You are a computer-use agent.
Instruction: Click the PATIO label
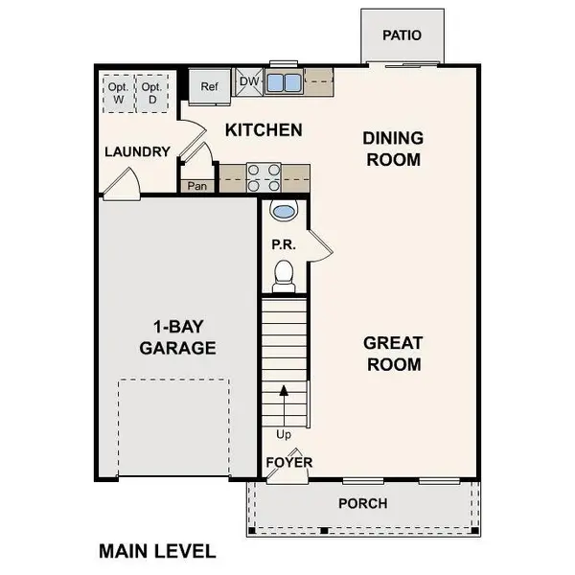click(x=402, y=35)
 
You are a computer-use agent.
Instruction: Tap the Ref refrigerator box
click(x=209, y=84)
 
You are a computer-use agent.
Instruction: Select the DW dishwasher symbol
click(x=248, y=82)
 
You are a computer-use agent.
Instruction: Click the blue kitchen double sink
click(x=283, y=81)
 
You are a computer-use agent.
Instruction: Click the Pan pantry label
click(x=198, y=186)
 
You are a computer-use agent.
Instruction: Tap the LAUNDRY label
click(x=137, y=151)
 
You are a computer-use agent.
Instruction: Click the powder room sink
click(x=285, y=211)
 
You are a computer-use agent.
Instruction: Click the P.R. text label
click(x=283, y=244)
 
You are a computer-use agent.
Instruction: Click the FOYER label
click(x=288, y=463)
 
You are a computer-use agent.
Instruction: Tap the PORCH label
click(x=363, y=503)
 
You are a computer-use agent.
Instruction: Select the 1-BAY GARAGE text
click(x=176, y=336)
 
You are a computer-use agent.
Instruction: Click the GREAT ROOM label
click(x=393, y=354)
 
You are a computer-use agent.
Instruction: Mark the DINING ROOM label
click(x=392, y=149)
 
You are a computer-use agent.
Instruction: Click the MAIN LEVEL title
click(x=157, y=551)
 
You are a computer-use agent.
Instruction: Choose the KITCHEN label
click(x=264, y=129)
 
